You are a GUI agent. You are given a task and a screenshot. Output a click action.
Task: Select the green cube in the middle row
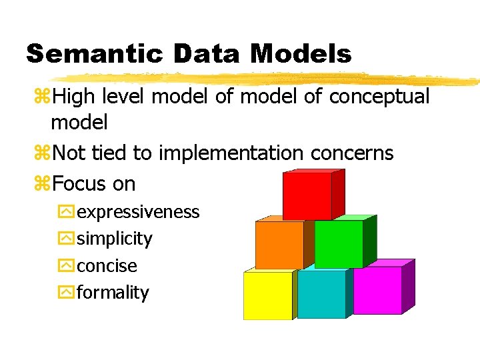point(339,244)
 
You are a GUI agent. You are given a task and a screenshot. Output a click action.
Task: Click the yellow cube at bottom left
point(267,295)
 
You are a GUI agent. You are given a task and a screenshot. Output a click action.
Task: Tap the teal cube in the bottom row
point(321,294)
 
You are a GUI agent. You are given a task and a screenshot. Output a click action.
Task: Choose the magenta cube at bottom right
point(377,290)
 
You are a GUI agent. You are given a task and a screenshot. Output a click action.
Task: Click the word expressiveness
point(138,212)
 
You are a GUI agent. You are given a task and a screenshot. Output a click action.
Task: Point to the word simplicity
point(115,239)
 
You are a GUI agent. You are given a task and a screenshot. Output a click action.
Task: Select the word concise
point(107,266)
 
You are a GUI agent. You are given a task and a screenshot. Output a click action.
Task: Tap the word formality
point(113,293)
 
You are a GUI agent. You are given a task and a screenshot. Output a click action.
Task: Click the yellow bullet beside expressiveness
point(66,213)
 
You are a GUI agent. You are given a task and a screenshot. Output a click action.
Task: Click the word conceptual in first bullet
point(379,97)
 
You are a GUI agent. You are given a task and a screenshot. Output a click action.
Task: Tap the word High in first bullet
point(73,97)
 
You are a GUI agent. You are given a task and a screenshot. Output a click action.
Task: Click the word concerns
point(352,153)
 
